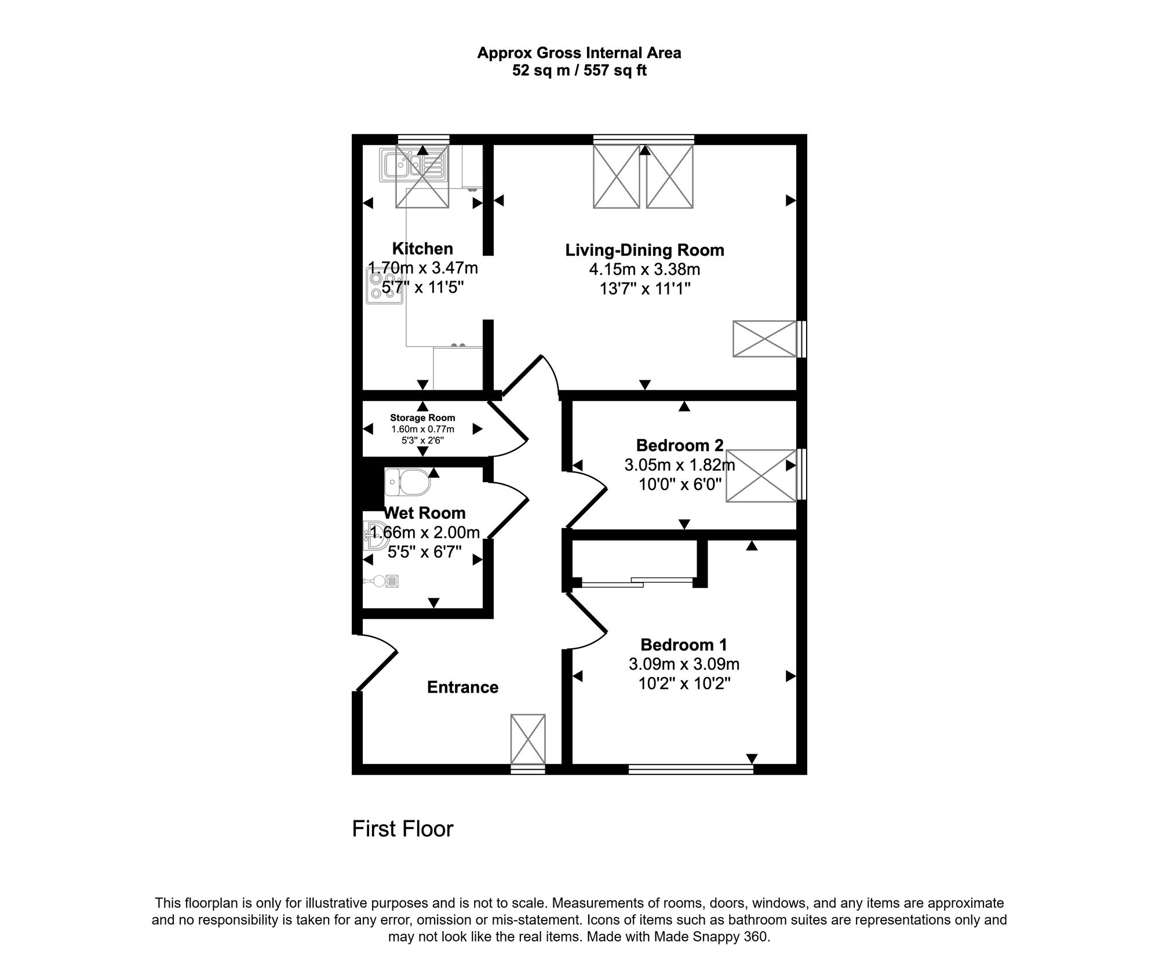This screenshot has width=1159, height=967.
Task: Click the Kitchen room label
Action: [x=422, y=249]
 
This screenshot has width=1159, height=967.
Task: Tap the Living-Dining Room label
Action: [x=644, y=250]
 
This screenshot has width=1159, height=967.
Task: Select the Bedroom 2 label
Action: [x=679, y=445]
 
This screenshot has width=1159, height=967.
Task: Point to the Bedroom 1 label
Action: [x=683, y=645]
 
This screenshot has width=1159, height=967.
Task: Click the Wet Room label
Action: [x=425, y=513]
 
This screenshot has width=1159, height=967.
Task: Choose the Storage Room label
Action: [x=422, y=417]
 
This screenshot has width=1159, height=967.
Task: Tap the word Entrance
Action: [x=462, y=687]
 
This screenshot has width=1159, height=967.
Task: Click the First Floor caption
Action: [x=402, y=829]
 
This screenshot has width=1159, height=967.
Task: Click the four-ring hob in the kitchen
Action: [x=383, y=288]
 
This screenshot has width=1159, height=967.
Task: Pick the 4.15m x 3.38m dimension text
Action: [x=644, y=270]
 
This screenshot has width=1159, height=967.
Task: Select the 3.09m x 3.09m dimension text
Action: [x=684, y=664]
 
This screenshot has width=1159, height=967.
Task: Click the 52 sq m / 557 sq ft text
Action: [x=579, y=71]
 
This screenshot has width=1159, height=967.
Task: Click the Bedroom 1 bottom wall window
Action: [x=690, y=769]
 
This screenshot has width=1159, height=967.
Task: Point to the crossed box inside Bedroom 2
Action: [x=760, y=475]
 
